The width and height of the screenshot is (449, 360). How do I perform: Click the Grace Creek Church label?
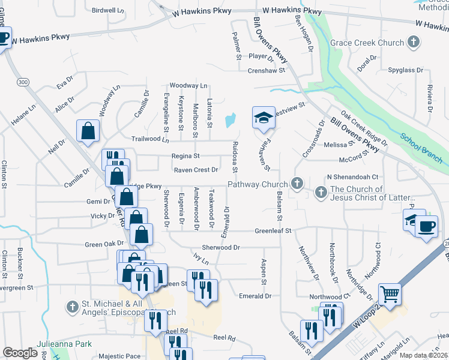pos(367,43)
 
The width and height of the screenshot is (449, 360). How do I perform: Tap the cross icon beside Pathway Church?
pos(295,183)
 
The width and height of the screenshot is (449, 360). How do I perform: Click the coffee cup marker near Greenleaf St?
pos(427,227)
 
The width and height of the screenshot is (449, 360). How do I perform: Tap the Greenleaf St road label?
pos(273,230)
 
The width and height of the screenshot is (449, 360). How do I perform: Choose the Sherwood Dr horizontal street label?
pos(220,247)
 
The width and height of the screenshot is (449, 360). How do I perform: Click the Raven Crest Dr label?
pos(195,170)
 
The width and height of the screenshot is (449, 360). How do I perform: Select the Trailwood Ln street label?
pos(150,139)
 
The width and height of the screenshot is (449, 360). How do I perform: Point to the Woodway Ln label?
pos(188,86)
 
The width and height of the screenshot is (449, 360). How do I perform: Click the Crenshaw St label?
pos(266,70)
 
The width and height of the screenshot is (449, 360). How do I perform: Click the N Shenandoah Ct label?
pos(352,177)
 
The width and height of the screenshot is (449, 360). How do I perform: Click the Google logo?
pos(20,353)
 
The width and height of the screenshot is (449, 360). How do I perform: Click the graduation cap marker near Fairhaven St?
pos(262,118)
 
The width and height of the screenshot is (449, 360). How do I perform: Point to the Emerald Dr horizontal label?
pos(255,296)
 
